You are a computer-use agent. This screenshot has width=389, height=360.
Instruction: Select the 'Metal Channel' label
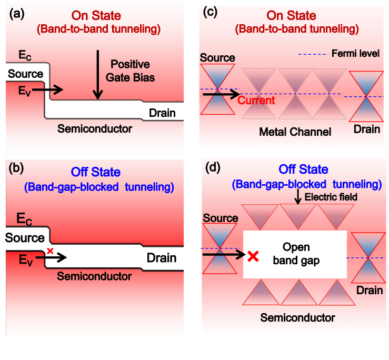click(x=295, y=132)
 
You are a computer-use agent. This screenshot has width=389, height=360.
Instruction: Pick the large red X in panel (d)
click(x=253, y=256)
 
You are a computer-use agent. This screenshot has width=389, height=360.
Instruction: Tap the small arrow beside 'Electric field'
click(x=298, y=197)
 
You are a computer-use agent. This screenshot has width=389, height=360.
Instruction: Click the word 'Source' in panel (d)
click(x=217, y=216)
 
